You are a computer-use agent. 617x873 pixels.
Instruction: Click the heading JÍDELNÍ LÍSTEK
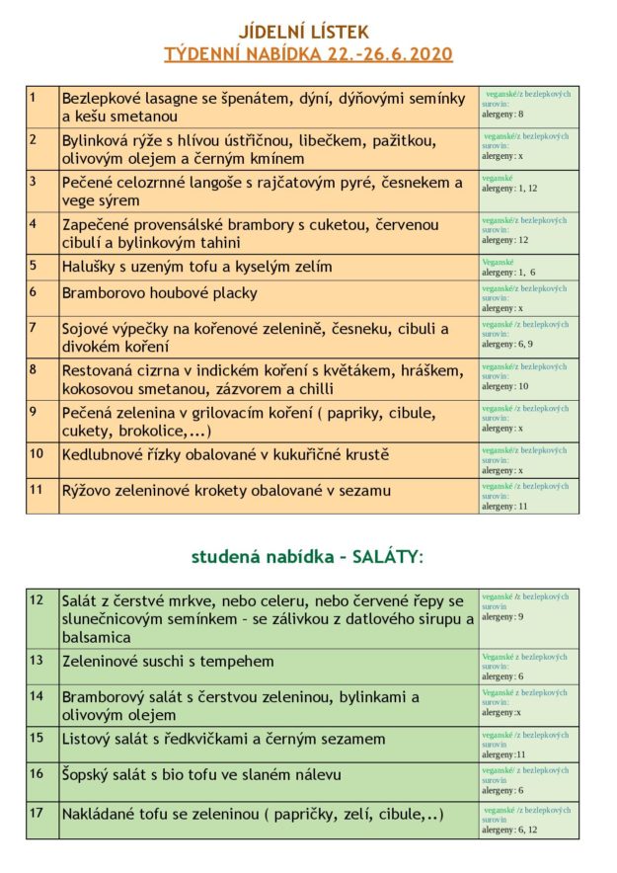coord(308,33)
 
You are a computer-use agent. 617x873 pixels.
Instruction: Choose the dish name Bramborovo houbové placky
coord(159,293)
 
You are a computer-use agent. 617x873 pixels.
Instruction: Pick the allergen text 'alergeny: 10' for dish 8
coord(504,386)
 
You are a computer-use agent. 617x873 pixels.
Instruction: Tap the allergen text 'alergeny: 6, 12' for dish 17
coord(509,831)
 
